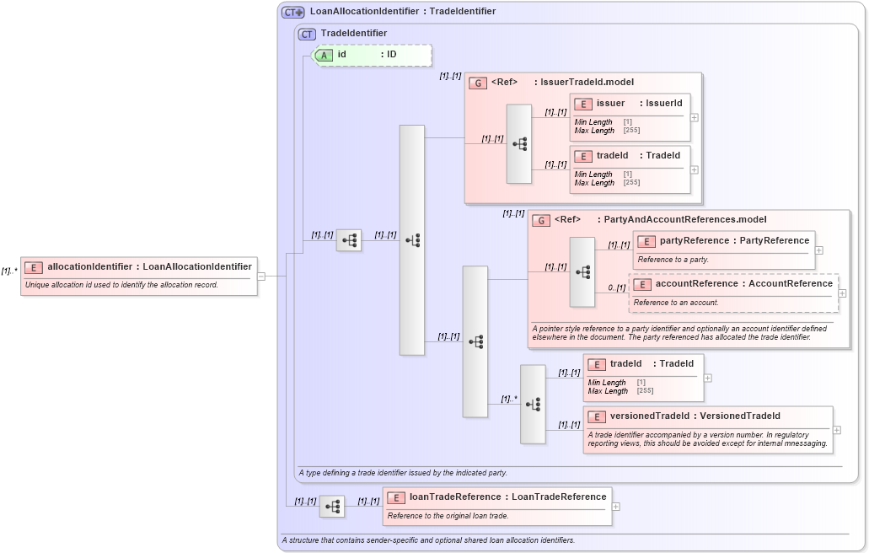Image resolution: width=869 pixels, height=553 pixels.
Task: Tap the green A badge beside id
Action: click(324, 55)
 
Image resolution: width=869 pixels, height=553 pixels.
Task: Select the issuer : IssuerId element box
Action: click(630, 116)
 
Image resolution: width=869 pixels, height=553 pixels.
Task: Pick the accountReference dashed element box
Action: click(732, 293)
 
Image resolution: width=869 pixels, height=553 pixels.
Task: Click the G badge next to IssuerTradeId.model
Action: click(478, 83)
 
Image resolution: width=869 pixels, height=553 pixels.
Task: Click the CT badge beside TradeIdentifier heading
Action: click(307, 34)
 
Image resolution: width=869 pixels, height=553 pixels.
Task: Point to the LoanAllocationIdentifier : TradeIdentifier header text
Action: click(402, 12)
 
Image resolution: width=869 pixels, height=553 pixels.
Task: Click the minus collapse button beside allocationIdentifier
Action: click(261, 275)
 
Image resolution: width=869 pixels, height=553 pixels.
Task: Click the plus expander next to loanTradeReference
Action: click(617, 507)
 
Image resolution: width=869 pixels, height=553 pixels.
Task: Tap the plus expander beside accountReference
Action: click(843, 293)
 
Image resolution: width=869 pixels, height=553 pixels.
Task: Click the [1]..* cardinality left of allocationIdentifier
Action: click(9, 271)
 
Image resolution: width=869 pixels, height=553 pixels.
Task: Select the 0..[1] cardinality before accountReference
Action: click(616, 288)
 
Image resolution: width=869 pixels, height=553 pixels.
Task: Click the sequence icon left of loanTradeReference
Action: click(333, 507)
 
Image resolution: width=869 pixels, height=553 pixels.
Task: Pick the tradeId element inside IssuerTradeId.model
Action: click(630, 169)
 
